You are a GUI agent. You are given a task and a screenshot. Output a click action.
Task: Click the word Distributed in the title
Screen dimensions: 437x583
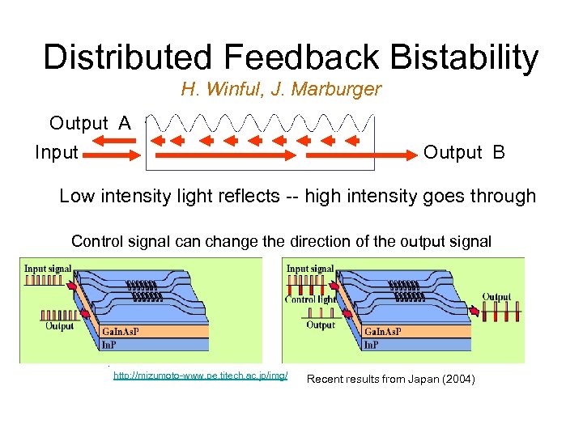(x=126, y=57)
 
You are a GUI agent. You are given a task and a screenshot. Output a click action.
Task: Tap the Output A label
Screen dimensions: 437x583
(x=89, y=123)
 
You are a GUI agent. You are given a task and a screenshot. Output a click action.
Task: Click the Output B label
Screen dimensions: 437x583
(x=464, y=152)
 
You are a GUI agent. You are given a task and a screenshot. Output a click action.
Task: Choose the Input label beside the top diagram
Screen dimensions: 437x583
(x=57, y=152)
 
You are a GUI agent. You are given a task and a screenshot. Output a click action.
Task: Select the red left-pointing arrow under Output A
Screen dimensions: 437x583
(x=109, y=141)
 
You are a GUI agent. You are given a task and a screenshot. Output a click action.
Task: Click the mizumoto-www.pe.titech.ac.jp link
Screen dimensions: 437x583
(x=200, y=377)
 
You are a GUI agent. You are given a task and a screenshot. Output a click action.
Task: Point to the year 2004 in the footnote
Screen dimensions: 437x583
(x=458, y=379)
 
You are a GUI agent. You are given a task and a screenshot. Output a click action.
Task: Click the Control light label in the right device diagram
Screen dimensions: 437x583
(x=311, y=299)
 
